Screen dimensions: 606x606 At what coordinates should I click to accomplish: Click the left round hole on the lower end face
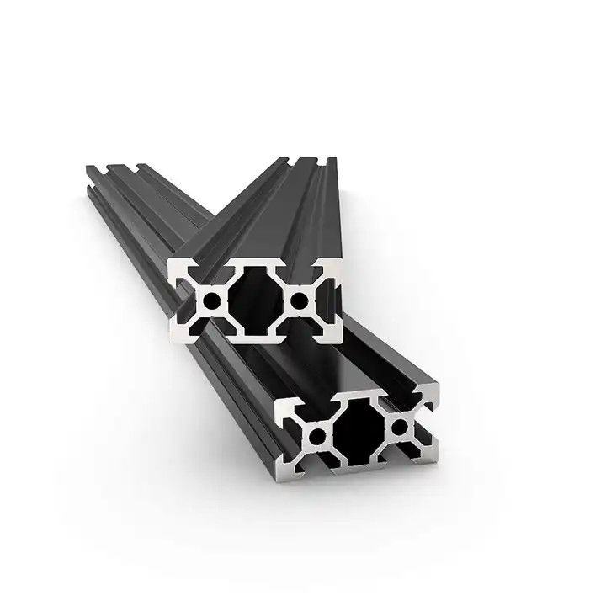point(317,434)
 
